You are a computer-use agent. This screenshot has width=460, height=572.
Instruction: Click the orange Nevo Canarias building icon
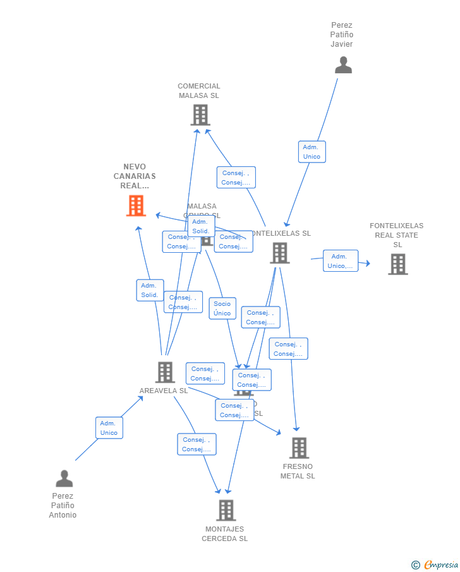point(136,206)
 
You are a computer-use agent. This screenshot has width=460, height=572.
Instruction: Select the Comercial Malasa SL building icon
point(200,115)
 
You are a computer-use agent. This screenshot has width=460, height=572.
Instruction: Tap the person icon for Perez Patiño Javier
point(343,65)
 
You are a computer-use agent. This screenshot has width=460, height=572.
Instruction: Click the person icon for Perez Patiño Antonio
point(64,478)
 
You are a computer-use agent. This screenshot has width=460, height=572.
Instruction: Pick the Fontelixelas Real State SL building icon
point(397,264)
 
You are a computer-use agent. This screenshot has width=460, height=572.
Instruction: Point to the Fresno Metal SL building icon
point(299,447)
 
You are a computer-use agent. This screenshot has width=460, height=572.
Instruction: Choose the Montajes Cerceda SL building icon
point(226,510)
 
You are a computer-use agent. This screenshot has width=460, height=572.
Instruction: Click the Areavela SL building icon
point(165,372)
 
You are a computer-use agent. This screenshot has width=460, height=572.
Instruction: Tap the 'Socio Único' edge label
point(222,308)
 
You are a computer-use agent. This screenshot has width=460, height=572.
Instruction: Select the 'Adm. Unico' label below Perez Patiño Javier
point(312,152)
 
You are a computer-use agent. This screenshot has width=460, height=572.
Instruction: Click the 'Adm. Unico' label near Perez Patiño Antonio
point(109,428)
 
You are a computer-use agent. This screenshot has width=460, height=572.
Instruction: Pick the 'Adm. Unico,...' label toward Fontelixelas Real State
point(341,261)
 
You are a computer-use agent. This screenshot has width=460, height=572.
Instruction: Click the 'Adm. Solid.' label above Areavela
point(150,290)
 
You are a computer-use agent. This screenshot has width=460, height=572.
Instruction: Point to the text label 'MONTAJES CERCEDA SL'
point(224,534)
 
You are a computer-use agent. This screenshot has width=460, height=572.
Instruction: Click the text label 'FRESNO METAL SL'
point(298,472)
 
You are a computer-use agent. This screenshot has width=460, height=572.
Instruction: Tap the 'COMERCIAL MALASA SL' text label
point(199,91)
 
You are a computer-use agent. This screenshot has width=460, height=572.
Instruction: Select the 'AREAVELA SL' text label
point(164,391)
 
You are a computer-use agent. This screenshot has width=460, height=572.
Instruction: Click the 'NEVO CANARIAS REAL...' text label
point(135,176)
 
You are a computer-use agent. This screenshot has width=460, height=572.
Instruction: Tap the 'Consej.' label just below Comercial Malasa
point(236,178)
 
